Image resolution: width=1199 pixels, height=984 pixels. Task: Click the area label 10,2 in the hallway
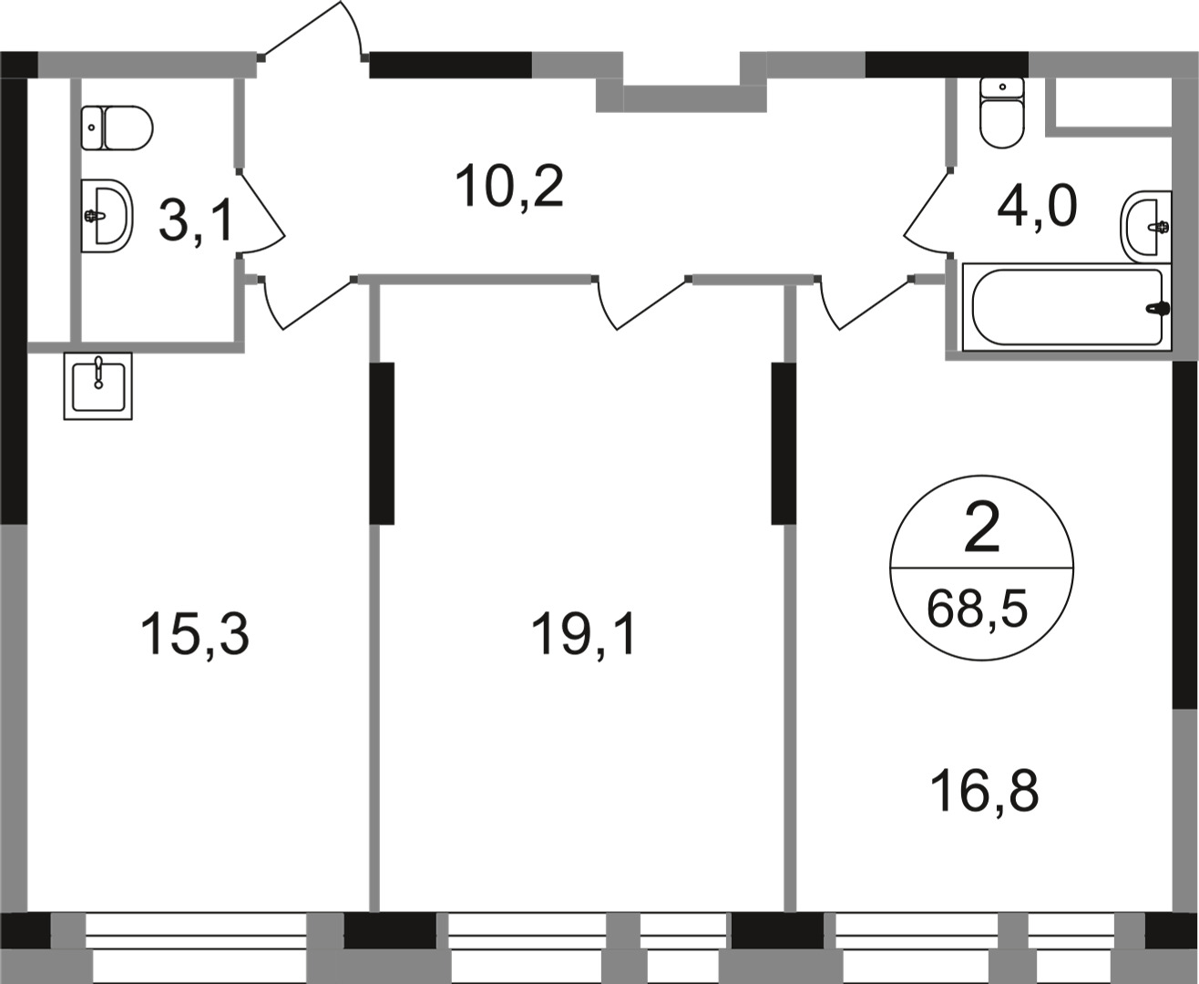pos(510,188)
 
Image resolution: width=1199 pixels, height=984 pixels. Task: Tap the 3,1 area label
pos(196,221)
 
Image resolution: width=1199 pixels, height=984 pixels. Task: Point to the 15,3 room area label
pos(194,635)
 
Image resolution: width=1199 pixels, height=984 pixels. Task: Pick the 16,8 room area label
pos(984,791)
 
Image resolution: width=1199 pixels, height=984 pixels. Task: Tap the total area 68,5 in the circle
pos(977,608)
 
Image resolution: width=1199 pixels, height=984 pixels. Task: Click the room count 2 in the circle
pos(981,530)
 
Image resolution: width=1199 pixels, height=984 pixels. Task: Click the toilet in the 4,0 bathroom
pos(1002,113)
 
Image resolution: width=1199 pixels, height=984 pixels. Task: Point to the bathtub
pos(1066,307)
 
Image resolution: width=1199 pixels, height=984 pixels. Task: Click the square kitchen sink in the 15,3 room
pos(97,385)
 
